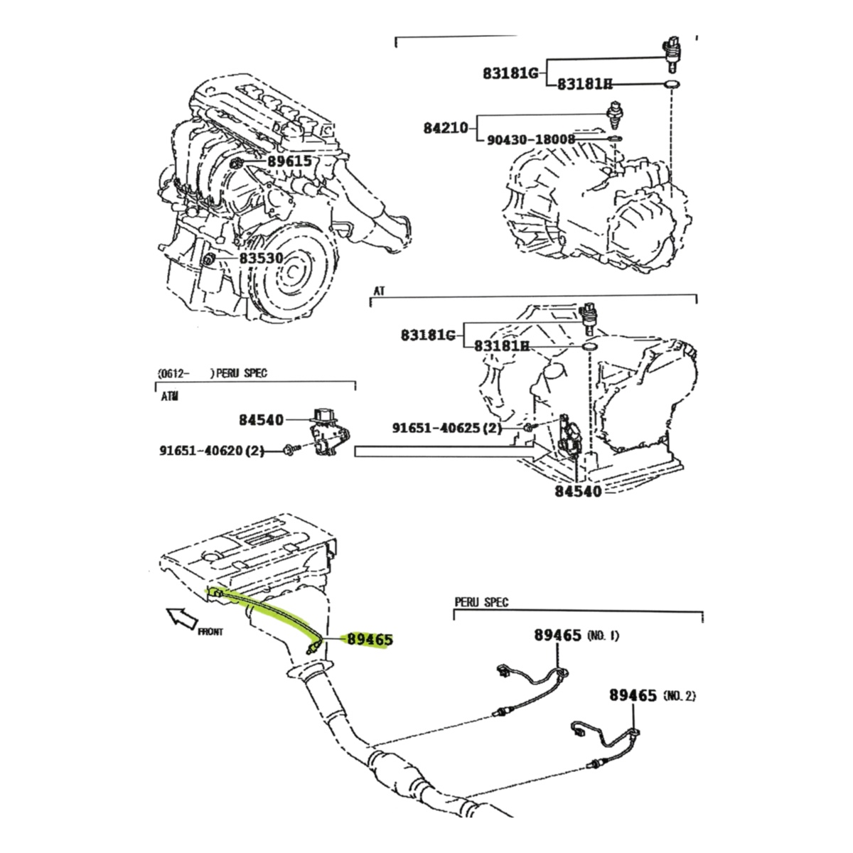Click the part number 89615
(289, 161)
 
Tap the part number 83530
(260, 258)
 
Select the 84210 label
(446, 128)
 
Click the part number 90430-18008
(530, 139)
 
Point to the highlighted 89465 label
(370, 640)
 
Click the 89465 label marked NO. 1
(558, 635)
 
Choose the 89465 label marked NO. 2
(633, 694)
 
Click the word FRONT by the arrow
(210, 631)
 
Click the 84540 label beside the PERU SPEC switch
(261, 420)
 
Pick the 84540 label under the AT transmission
(578, 491)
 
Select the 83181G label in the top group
(511, 72)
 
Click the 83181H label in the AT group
(502, 345)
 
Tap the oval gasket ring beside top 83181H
(671, 85)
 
